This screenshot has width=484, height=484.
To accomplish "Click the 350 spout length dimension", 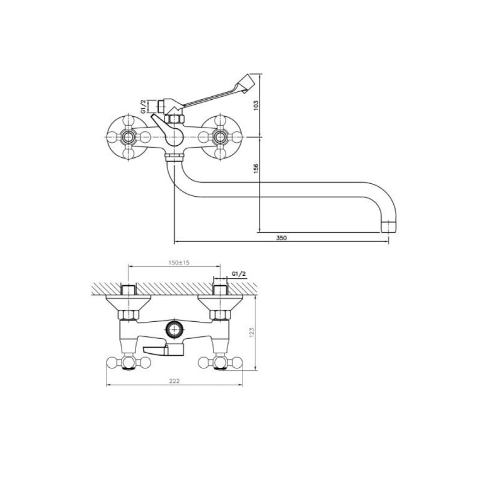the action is click(x=281, y=238).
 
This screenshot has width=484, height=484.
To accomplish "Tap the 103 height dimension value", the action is click(x=256, y=105).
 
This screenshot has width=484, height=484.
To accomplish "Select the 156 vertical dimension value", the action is click(x=256, y=168).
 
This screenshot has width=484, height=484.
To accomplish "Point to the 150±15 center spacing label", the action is click(x=179, y=263).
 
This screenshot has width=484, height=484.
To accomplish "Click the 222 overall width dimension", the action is click(x=174, y=381).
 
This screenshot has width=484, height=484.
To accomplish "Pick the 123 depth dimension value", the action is click(x=252, y=332).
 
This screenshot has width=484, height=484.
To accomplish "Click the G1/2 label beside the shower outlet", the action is click(x=143, y=106).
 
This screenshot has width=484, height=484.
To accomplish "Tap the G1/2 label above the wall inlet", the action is click(x=239, y=274).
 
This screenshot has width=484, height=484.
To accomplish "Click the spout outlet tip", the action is click(x=388, y=226).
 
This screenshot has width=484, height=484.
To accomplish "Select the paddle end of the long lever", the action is click(x=246, y=83).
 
